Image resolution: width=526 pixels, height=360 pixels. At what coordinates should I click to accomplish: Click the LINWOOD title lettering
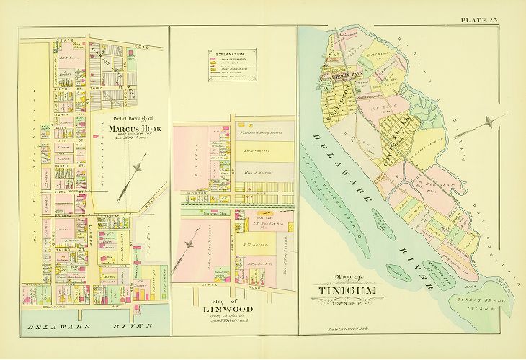pyautogui.click(x=214, y=311)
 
